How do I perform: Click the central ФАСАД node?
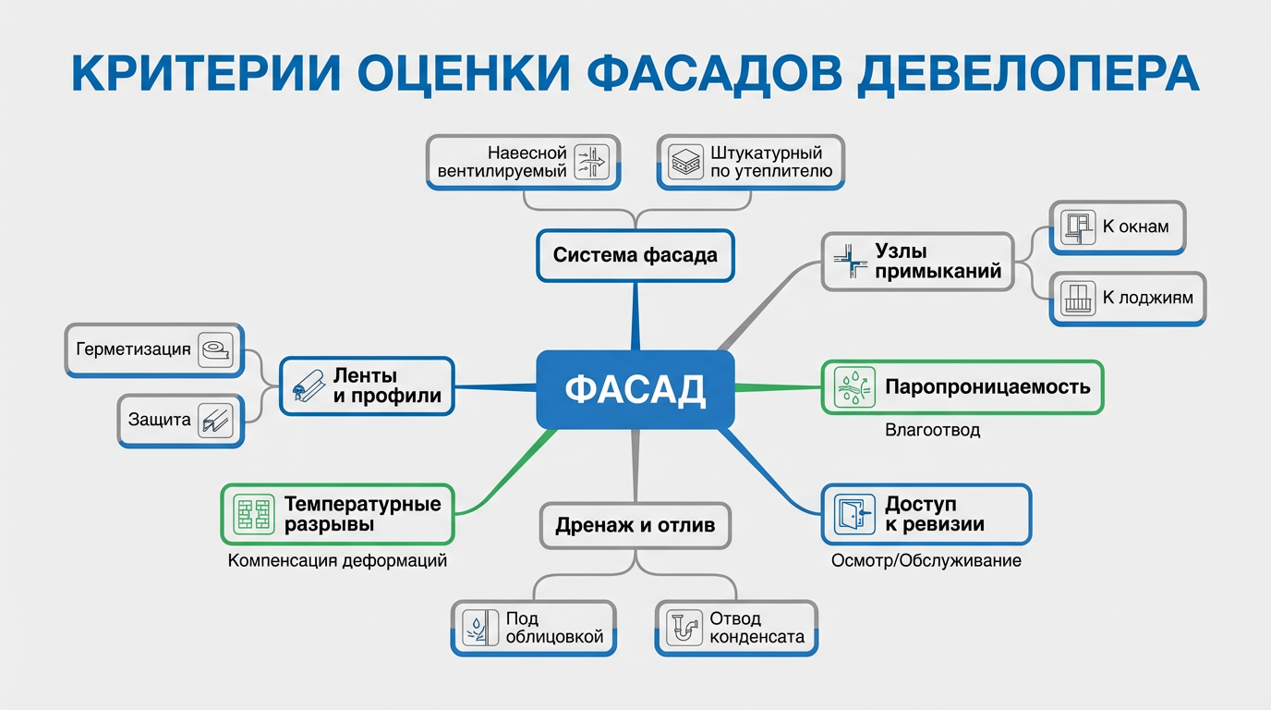635,389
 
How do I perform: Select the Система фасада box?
635,255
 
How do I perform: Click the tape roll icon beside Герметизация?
216,350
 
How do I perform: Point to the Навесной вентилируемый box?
524,162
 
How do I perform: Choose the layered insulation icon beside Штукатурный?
684,162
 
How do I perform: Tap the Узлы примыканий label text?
938,262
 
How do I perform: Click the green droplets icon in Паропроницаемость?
854,387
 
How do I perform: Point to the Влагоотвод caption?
932,430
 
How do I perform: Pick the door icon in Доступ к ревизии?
853,514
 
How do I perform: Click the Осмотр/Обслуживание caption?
926,560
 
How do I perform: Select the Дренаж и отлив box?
635,525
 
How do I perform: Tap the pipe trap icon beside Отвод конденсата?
684,629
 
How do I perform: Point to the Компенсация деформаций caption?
337,560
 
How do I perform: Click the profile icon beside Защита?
216,422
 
